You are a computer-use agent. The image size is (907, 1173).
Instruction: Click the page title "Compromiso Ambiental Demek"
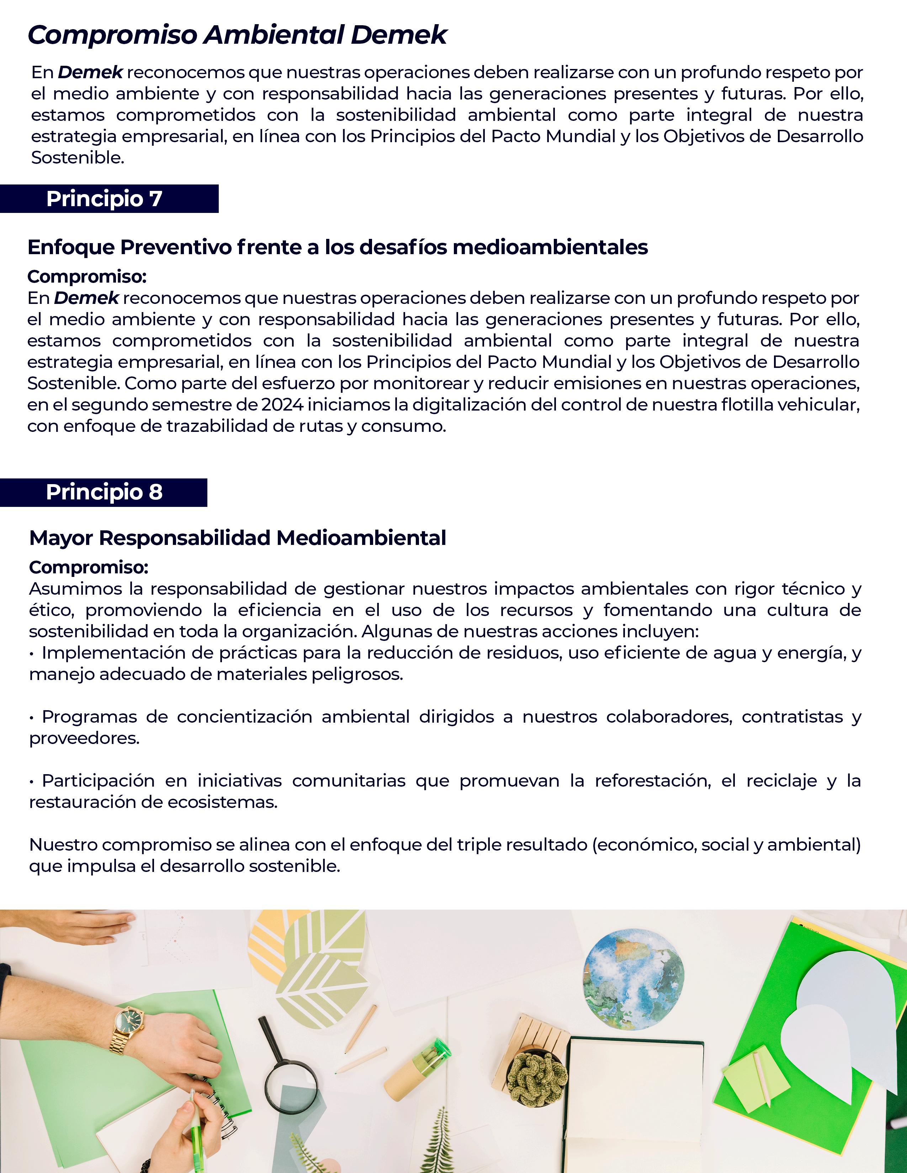pyautogui.click(x=237, y=36)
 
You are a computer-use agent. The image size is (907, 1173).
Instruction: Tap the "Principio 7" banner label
pyautogui.click(x=104, y=199)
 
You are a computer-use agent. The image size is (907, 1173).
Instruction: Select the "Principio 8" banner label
pyautogui.click(x=104, y=492)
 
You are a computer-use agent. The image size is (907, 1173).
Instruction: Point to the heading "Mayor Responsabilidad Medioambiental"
pyautogui.click(x=238, y=537)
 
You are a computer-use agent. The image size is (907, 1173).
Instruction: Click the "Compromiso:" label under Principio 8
pyautogui.click(x=89, y=567)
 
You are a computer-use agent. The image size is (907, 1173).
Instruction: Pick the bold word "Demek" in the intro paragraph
pyautogui.click(x=90, y=72)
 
